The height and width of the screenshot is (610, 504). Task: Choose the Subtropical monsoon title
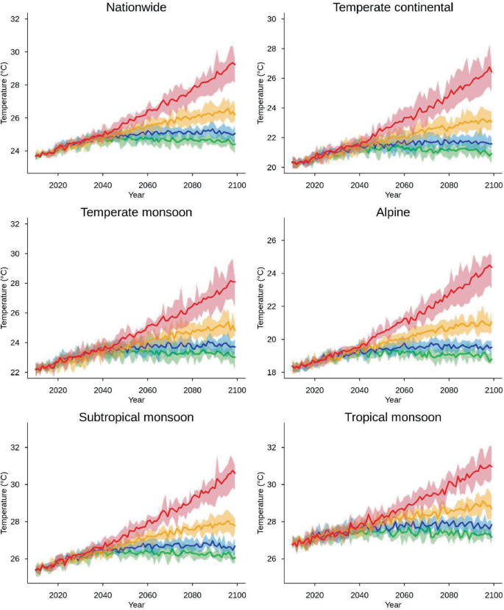click(x=136, y=417)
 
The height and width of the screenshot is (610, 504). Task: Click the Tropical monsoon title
click(x=393, y=417)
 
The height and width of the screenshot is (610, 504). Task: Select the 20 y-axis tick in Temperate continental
click(x=273, y=168)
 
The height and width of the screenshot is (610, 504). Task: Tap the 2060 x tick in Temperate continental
click(x=404, y=186)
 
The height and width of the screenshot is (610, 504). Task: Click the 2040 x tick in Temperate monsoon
click(x=103, y=390)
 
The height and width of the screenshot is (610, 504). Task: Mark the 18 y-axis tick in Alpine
click(x=273, y=373)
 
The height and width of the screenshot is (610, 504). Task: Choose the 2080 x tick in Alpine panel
click(x=448, y=390)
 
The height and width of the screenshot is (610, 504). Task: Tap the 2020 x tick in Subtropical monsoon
click(x=58, y=595)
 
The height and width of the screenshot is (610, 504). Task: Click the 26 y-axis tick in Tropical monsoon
click(x=273, y=559)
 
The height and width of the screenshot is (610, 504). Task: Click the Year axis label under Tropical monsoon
click(x=393, y=604)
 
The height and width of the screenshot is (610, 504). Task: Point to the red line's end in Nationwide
click(x=235, y=64)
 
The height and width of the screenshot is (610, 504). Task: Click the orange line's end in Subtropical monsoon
click(x=235, y=525)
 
